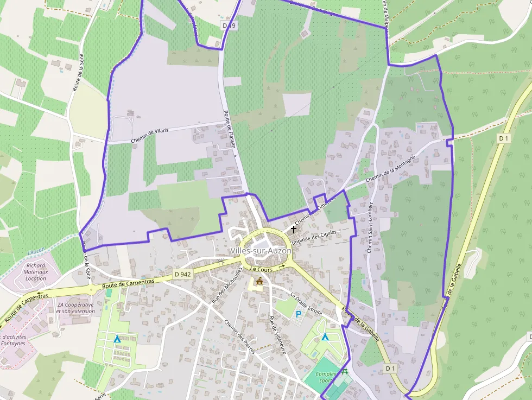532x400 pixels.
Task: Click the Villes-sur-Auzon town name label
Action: click(x=261, y=251)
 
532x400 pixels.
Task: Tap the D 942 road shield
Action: click(x=183, y=275)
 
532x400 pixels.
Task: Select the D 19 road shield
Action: click(x=229, y=26)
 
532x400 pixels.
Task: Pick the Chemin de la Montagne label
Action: click(x=390, y=168)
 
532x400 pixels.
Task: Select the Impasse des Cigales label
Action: click(x=314, y=237)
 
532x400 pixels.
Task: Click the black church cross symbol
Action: click(x=294, y=230)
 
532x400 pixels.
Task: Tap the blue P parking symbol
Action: click(x=298, y=314)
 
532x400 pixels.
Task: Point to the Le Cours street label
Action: click(x=261, y=269)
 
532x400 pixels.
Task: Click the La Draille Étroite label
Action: click(x=306, y=304)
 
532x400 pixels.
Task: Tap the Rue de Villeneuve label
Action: click(x=278, y=335)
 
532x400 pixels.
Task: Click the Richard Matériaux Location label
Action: click(x=36, y=272)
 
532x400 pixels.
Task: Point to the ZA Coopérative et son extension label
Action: click(x=75, y=308)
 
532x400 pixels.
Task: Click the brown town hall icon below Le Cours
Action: click(x=259, y=281)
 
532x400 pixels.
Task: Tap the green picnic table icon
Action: click(x=345, y=372)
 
